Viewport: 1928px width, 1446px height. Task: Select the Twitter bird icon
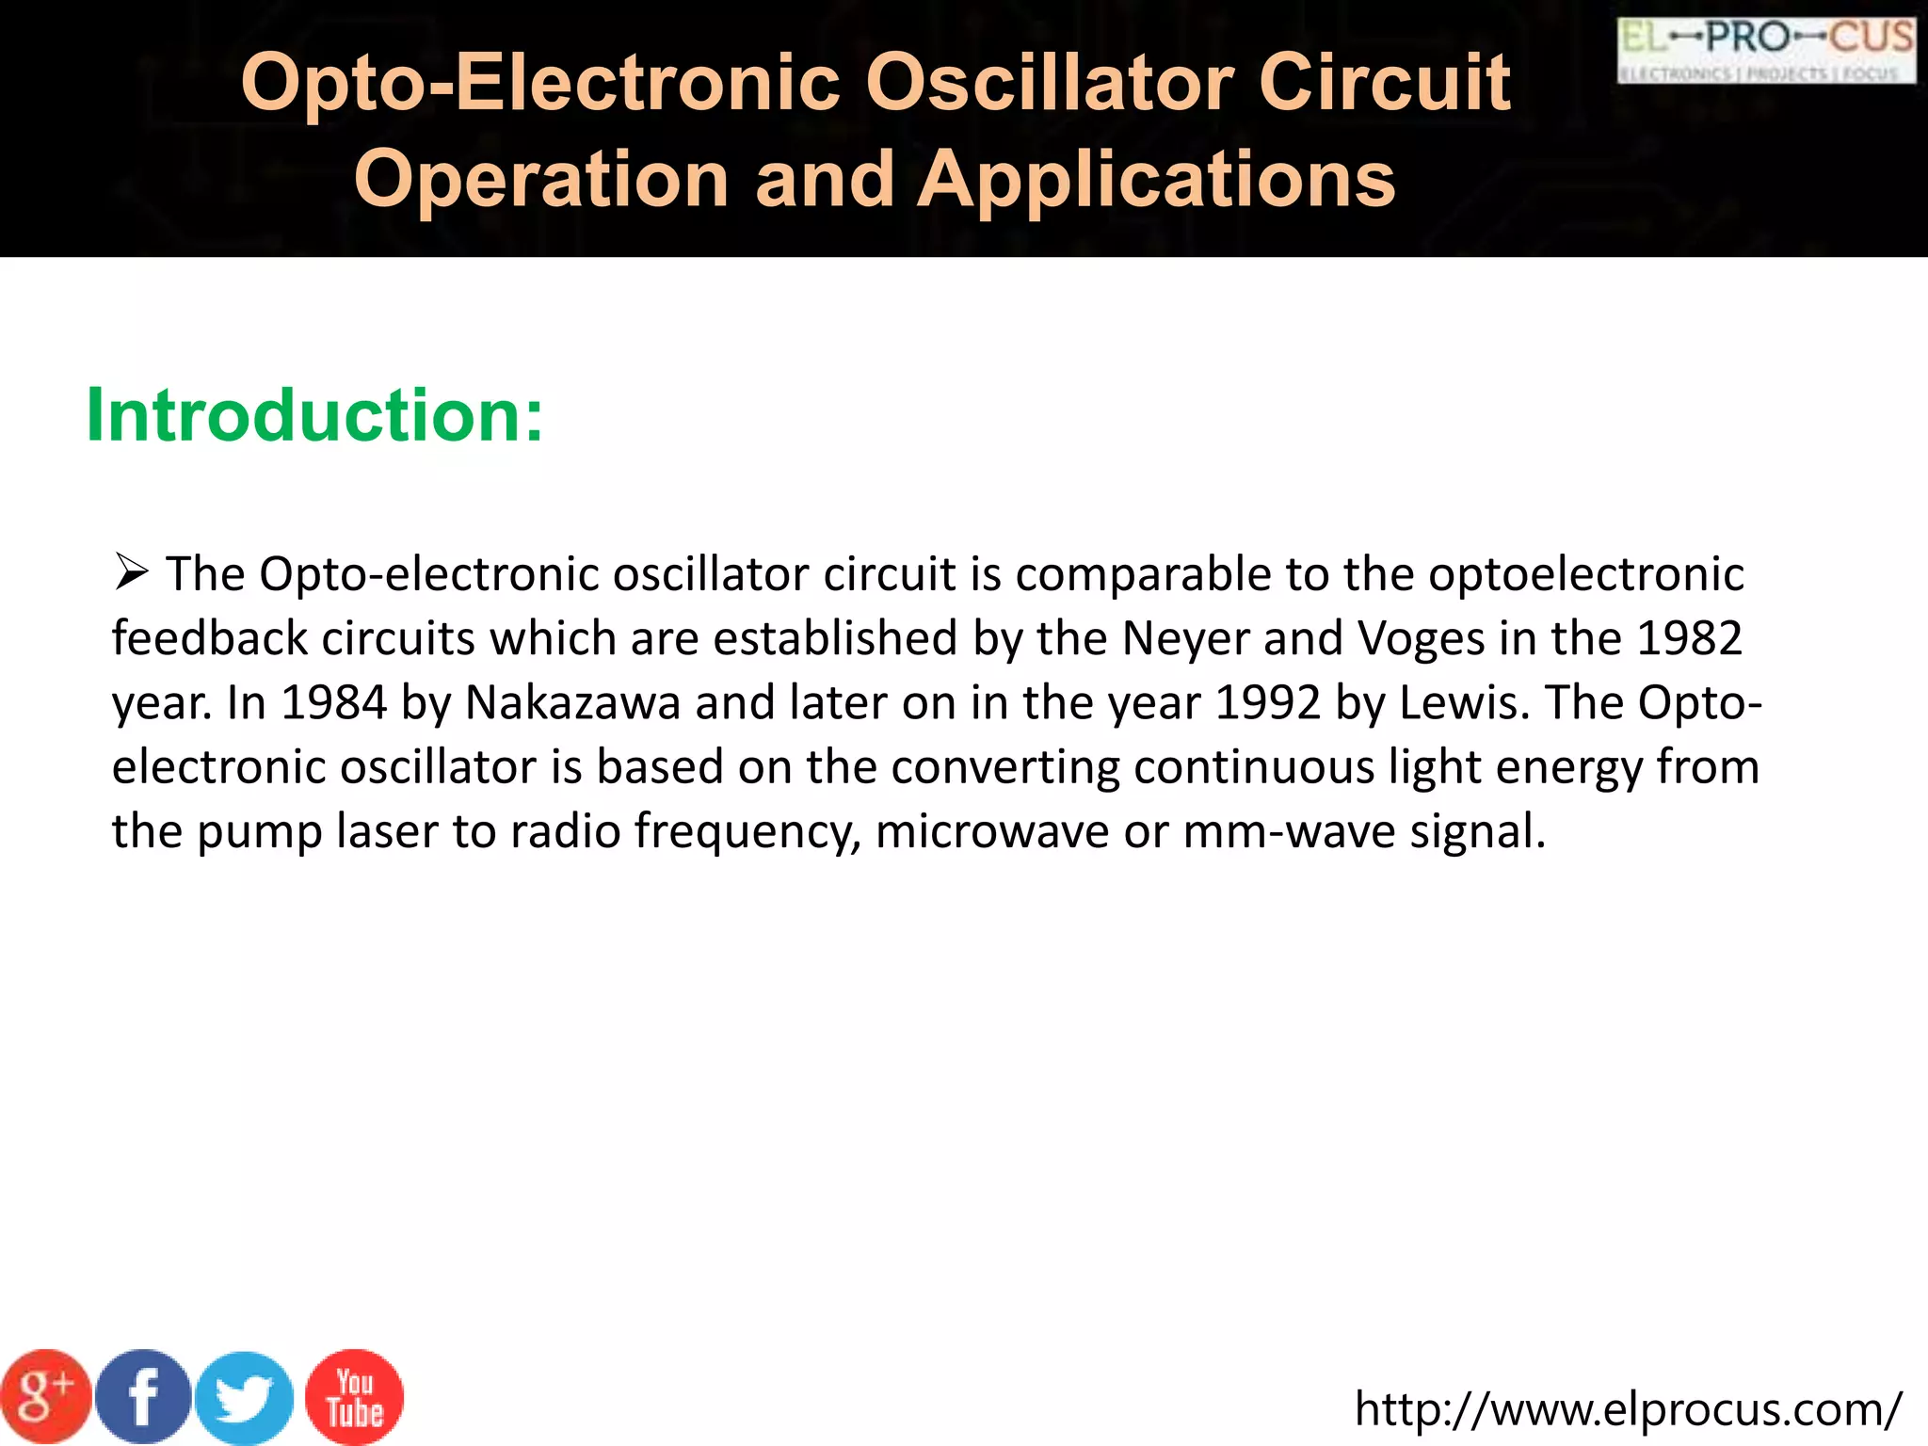point(245,1399)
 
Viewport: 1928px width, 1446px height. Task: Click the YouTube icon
point(355,1398)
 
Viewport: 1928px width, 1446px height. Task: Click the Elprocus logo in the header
point(1766,51)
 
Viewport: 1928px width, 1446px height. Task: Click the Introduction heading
point(314,415)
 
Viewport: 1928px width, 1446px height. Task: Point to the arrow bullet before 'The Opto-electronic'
point(131,571)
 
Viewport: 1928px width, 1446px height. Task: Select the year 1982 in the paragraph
point(1690,638)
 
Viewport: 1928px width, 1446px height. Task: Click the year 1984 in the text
point(334,702)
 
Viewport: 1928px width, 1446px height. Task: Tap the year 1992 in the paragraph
point(1268,702)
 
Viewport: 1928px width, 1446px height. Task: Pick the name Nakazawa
point(572,702)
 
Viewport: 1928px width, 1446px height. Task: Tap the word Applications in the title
point(1156,179)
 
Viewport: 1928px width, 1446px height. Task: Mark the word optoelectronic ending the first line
point(1586,574)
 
